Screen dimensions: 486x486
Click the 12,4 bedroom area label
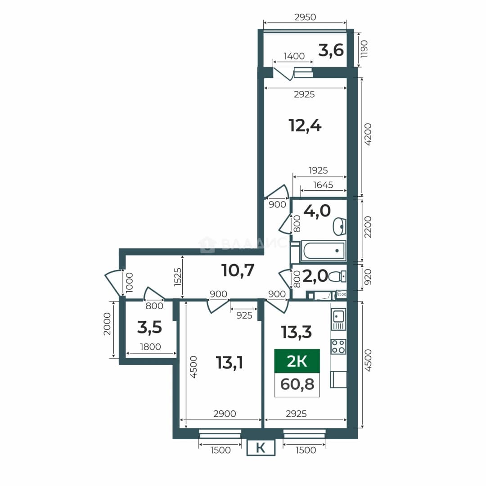(x=305, y=126)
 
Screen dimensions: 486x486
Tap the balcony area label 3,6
(x=331, y=50)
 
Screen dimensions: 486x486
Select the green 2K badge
(x=297, y=361)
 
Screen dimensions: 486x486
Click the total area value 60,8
(x=297, y=384)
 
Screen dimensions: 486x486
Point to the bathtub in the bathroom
(x=323, y=251)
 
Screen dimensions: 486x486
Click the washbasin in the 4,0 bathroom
(x=339, y=226)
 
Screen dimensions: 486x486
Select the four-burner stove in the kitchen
(x=338, y=346)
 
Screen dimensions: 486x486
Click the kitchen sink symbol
(x=338, y=319)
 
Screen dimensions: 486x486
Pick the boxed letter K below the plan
(x=261, y=448)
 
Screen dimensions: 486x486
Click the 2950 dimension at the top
(x=305, y=17)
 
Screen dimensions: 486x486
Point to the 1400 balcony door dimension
(x=294, y=56)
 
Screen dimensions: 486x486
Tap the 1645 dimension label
(x=323, y=185)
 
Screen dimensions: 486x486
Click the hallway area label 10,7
(x=238, y=270)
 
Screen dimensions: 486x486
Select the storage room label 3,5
(x=149, y=327)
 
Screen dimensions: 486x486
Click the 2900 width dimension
(x=225, y=414)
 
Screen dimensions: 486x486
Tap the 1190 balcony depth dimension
(x=364, y=49)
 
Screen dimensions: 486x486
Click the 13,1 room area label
(x=229, y=363)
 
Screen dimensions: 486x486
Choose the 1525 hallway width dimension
(x=178, y=277)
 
